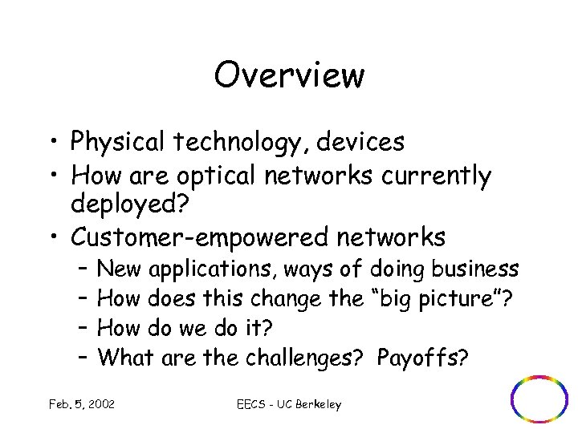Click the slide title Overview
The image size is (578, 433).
289,75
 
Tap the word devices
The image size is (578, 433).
360,142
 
